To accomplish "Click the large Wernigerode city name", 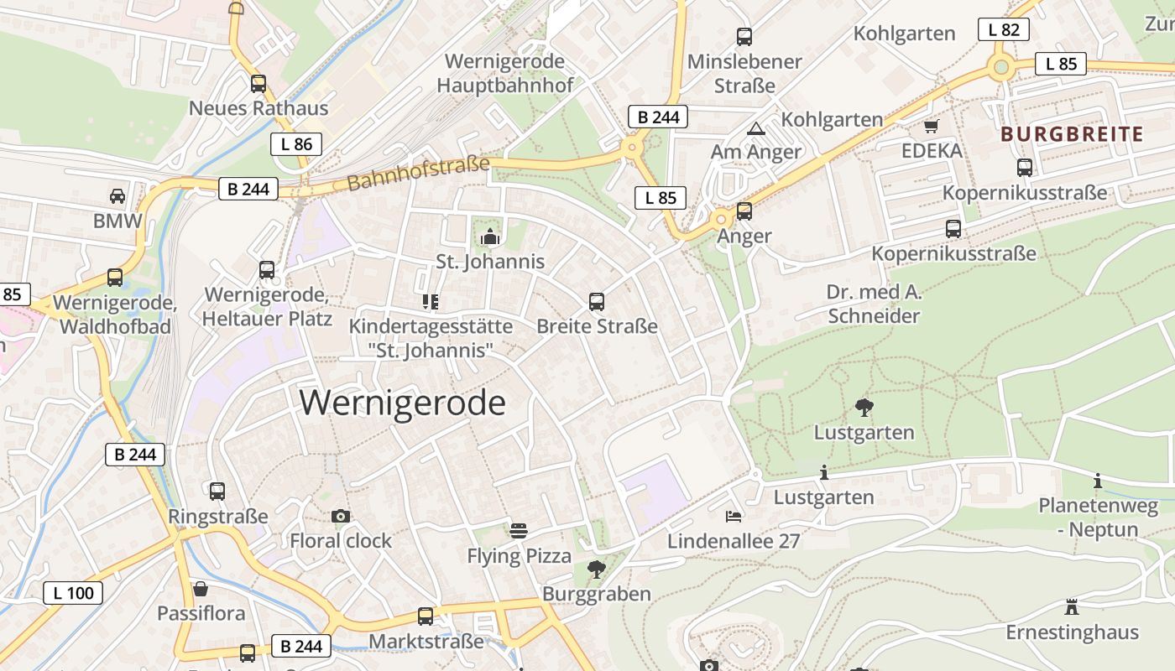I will point(403,403).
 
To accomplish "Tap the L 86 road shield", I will point(296,144).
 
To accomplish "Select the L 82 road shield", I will point(1004,29).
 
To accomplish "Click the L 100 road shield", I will point(73,593).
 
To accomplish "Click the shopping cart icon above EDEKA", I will point(931,127).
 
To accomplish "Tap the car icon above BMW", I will point(117,196).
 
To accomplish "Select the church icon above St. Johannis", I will point(490,237).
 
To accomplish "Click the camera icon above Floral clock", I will point(340,516).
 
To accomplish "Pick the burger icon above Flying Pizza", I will point(519,531).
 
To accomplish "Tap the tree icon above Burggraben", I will point(597,570).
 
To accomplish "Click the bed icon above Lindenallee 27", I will point(734,516).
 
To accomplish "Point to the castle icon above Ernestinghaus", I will point(1072,606).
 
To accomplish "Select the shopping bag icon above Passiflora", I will point(201,589).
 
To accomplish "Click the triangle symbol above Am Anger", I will point(756,128).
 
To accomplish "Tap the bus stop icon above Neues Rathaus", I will point(258,84).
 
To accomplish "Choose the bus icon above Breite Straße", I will point(597,302).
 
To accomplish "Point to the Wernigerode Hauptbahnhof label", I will point(505,73).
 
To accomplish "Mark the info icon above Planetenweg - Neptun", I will point(1098,481).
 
